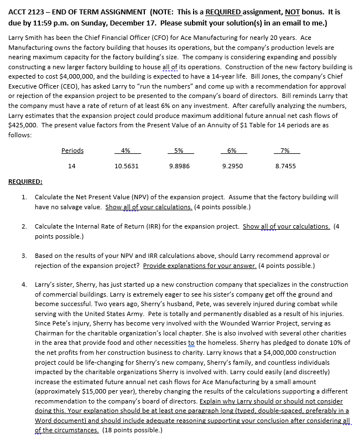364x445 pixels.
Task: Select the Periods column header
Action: tap(72, 151)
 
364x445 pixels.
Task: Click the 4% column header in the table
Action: tap(126, 151)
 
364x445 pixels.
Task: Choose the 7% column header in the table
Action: tap(285, 151)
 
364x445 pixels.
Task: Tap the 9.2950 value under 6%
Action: tap(231, 165)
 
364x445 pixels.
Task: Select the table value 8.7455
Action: tap(285, 165)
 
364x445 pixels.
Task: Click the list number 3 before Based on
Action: tap(24, 256)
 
